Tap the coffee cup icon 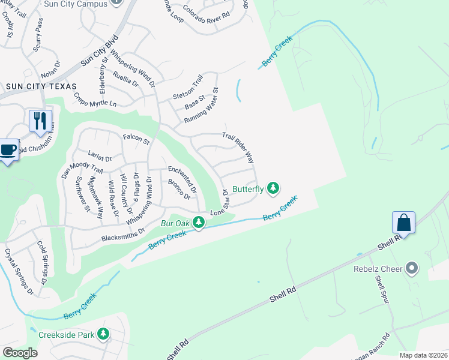point(8,149)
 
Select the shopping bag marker point(405,222)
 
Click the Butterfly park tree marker point(274,188)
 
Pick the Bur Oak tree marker point(199,223)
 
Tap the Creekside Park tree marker point(103,334)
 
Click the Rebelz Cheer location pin point(412,268)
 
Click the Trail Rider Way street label point(239,148)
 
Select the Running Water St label point(201,106)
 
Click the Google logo point(20,353)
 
